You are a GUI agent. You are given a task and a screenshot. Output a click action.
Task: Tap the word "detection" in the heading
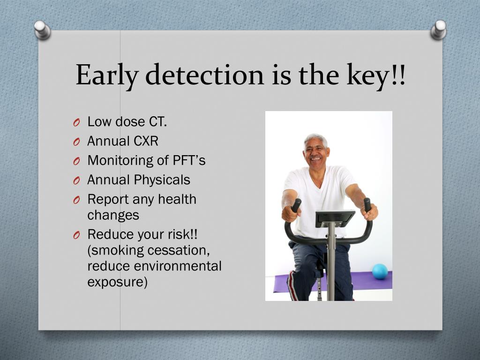click(x=204, y=75)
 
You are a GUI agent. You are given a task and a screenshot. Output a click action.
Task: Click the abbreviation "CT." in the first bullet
click(x=158, y=121)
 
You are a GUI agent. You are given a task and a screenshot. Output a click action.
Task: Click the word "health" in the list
click(x=177, y=199)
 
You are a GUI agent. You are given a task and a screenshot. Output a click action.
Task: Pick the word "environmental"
click(x=178, y=266)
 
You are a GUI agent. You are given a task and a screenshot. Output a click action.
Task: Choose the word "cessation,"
click(x=179, y=250)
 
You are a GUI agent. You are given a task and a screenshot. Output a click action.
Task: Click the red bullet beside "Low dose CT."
click(x=76, y=122)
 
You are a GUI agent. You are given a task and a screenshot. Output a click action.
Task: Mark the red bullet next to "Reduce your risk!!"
click(x=76, y=235)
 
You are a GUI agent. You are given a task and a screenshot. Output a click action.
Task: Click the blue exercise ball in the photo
click(x=380, y=271)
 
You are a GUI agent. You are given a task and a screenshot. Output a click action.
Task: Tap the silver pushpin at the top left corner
click(x=42, y=30)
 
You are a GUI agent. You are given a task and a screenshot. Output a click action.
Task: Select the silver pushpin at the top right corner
click(x=439, y=30)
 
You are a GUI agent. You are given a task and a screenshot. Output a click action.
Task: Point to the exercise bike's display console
click(x=335, y=218)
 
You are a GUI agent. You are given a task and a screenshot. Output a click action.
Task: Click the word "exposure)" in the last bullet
click(x=118, y=282)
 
